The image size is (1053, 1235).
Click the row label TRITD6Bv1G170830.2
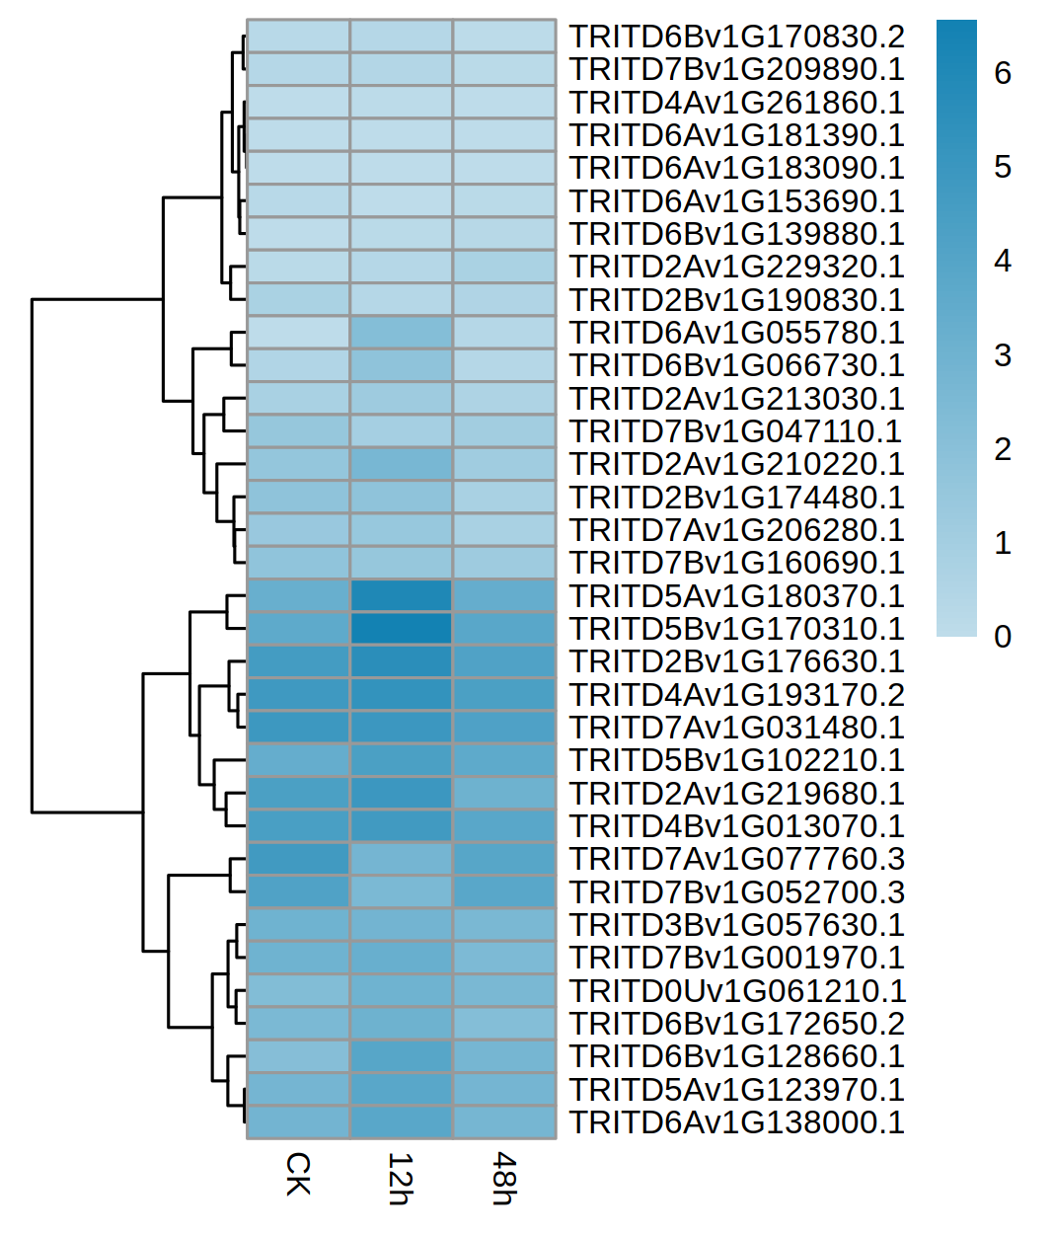pyautogui.click(x=736, y=37)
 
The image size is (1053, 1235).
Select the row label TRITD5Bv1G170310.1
pyautogui.click(x=736, y=629)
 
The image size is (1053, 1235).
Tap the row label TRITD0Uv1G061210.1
pyautogui.click(x=736, y=991)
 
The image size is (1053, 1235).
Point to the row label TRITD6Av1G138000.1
pyautogui.click(x=736, y=1122)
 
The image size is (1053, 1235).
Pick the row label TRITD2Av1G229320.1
pyautogui.click(x=736, y=267)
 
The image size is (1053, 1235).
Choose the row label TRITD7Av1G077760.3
pyautogui.click(x=736, y=859)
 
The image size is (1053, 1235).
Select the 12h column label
pyautogui.click(x=400, y=1178)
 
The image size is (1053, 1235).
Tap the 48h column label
pyautogui.click(x=503, y=1178)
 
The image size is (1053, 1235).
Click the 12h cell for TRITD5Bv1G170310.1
pyautogui.click(x=401, y=629)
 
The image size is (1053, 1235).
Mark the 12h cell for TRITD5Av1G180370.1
pyautogui.click(x=401, y=595)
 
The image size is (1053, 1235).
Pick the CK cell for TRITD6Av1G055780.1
pyautogui.click(x=298, y=333)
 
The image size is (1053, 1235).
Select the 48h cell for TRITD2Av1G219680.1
pyautogui.click(x=504, y=793)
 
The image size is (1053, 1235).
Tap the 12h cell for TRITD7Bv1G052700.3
pyautogui.click(x=401, y=891)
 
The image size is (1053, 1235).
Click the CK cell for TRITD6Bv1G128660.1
pyautogui.click(x=298, y=1056)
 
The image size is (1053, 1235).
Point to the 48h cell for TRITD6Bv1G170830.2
pyautogui.click(x=504, y=37)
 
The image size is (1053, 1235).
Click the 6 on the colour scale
pyautogui.click(x=1003, y=73)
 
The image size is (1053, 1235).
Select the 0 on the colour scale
pyautogui.click(x=1003, y=637)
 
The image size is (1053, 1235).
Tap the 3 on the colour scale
pyautogui.click(x=1003, y=355)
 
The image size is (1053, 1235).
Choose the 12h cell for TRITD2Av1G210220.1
pyautogui.click(x=401, y=464)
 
